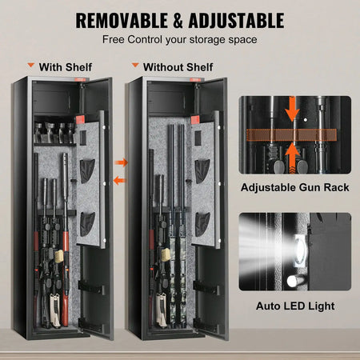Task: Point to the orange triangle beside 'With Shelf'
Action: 31,66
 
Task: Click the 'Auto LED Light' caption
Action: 294,305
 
